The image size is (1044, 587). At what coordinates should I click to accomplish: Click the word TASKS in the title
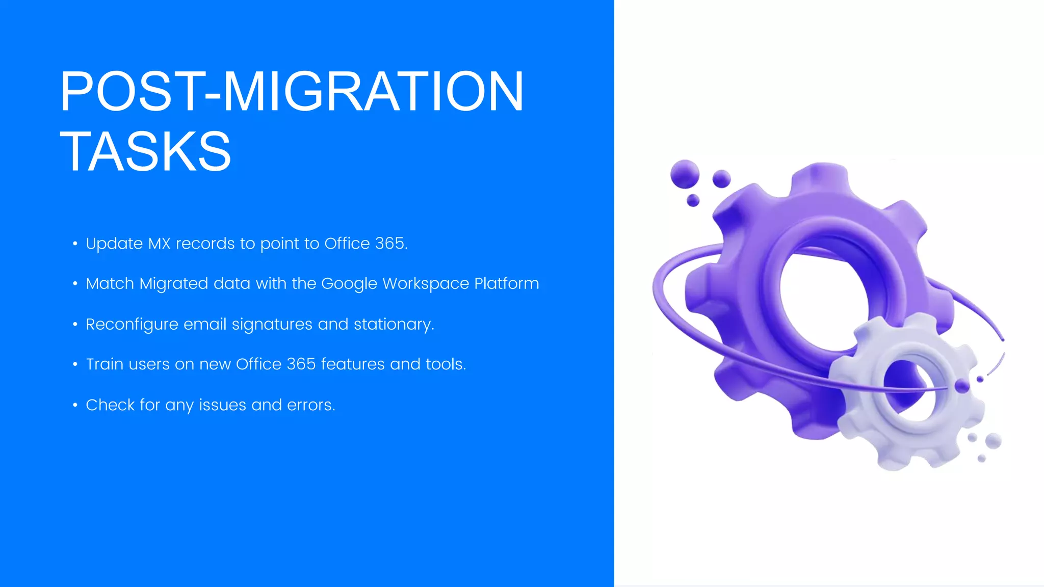coord(145,151)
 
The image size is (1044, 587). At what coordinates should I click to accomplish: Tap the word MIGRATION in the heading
coord(373,92)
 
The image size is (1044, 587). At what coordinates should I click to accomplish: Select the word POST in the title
coord(129,92)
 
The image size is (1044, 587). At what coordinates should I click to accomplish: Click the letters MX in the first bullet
coord(159,244)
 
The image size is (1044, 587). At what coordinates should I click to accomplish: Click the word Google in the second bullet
coord(349,284)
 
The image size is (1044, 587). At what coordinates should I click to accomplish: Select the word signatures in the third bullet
coord(272,325)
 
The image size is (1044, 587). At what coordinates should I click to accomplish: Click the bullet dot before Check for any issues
coord(75,406)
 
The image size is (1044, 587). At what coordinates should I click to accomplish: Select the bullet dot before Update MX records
coord(75,244)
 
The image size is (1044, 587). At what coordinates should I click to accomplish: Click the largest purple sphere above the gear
coord(685,174)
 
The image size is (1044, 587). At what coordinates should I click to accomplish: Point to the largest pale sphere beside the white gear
coord(993,441)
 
